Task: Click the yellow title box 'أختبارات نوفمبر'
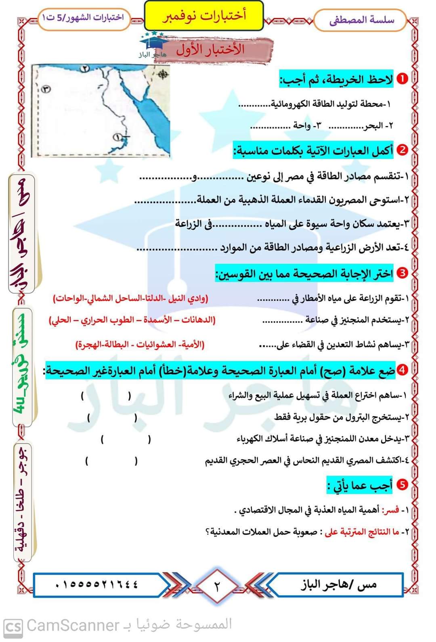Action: [204, 16]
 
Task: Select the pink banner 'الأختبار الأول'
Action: [211, 50]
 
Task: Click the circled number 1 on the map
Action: [117, 137]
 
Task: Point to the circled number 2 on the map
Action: [85, 68]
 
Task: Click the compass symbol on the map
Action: [163, 74]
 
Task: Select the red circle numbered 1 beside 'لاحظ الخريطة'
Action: [402, 79]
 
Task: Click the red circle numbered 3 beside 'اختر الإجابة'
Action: [402, 273]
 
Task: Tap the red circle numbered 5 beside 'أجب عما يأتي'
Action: [402, 484]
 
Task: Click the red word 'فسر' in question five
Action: [392, 511]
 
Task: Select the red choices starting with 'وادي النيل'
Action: [131, 298]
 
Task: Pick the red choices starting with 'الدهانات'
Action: [132, 320]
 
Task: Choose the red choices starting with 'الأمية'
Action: [140, 345]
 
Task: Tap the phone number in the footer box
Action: [97, 584]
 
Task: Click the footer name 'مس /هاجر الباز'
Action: [338, 584]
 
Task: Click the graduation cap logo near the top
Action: [153, 42]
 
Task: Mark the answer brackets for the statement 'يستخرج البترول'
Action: [112, 418]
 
